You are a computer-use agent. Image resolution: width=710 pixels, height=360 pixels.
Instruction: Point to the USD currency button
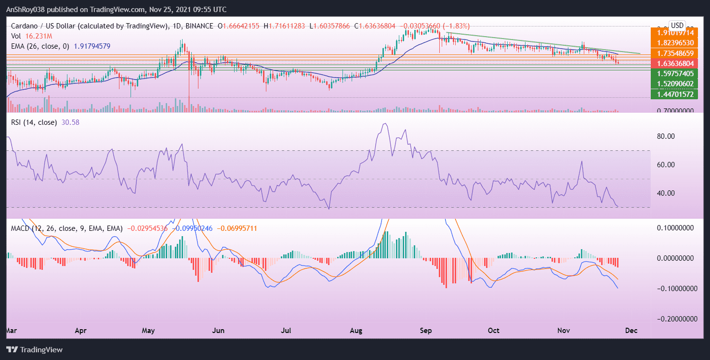pos(677,25)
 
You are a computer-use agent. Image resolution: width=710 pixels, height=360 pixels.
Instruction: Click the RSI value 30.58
pos(70,122)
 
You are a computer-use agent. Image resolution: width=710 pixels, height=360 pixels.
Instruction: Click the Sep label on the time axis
pos(426,331)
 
